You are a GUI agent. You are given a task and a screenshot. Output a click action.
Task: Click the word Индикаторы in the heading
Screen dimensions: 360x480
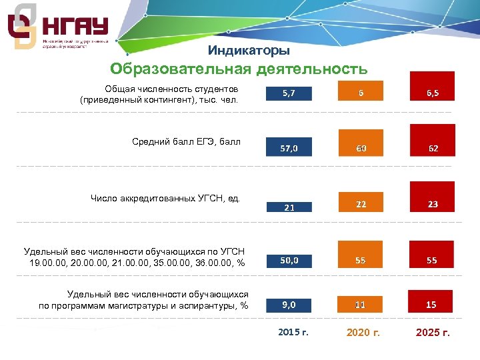pyautogui.click(x=249, y=51)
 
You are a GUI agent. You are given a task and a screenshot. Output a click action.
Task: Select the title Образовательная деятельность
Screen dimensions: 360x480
pyautogui.click(x=239, y=69)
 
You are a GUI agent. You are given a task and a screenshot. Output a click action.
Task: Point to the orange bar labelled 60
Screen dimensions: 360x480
pyautogui.click(x=360, y=143)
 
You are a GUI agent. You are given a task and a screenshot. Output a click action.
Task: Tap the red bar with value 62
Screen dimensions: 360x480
pyautogui.click(x=432, y=141)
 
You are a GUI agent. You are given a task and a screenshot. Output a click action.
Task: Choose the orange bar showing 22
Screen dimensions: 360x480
pyautogui.click(x=360, y=202)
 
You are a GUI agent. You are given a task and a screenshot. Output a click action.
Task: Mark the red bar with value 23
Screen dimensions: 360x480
pyautogui.click(x=432, y=197)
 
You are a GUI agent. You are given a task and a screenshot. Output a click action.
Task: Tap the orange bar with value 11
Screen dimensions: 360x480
pyautogui.click(x=360, y=303)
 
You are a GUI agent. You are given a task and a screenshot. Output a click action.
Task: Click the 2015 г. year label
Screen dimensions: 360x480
pyautogui.click(x=292, y=331)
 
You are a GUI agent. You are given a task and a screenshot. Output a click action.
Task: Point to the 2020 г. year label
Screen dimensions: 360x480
pyautogui.click(x=363, y=332)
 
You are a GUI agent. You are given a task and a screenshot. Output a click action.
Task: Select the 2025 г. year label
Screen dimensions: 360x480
pyautogui.click(x=433, y=332)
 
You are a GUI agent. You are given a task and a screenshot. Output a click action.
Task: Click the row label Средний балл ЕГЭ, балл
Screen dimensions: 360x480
pyautogui.click(x=186, y=141)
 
